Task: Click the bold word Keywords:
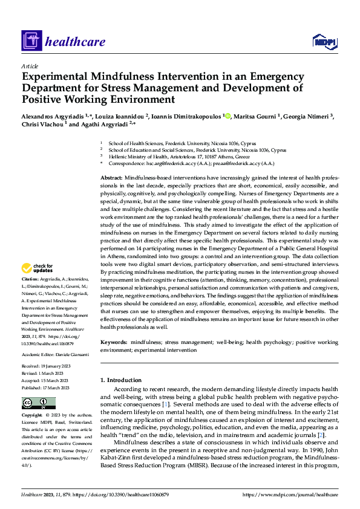click(x=113, y=342)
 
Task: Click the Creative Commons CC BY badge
click(x=38, y=403)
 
